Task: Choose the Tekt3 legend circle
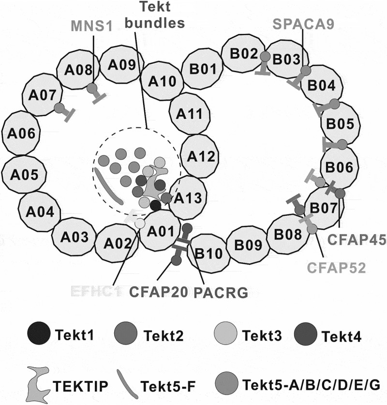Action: [224, 333]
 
